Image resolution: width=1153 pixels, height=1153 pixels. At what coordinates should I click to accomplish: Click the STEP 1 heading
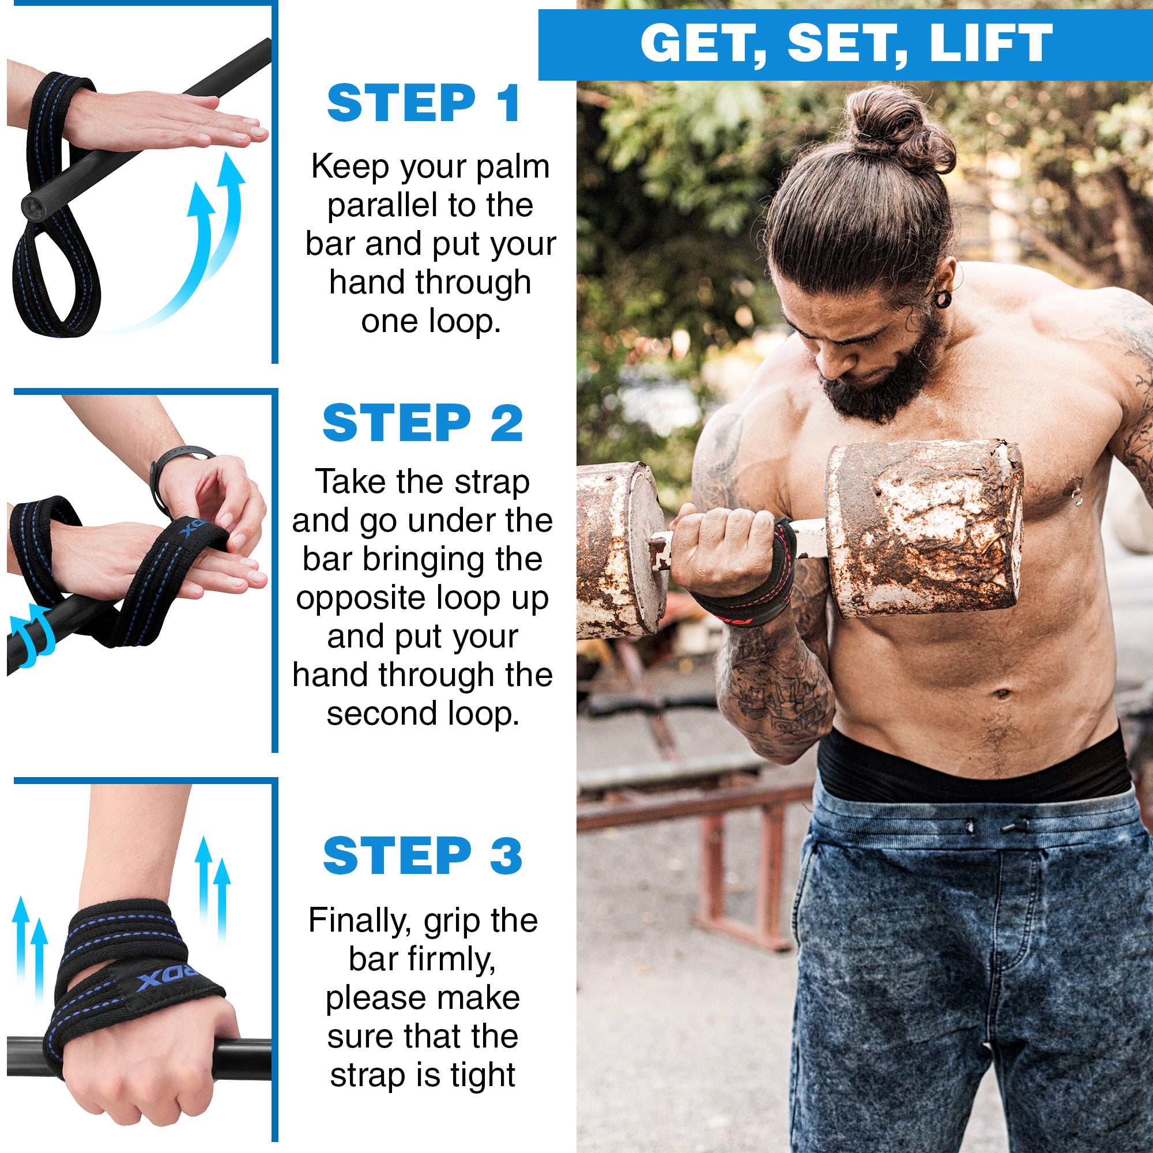point(424,104)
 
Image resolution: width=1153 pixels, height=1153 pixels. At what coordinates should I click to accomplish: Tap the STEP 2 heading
point(423,423)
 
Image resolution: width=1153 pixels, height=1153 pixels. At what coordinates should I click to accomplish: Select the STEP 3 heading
point(423,855)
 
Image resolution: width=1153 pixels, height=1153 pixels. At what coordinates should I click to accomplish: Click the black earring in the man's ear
point(943,298)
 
